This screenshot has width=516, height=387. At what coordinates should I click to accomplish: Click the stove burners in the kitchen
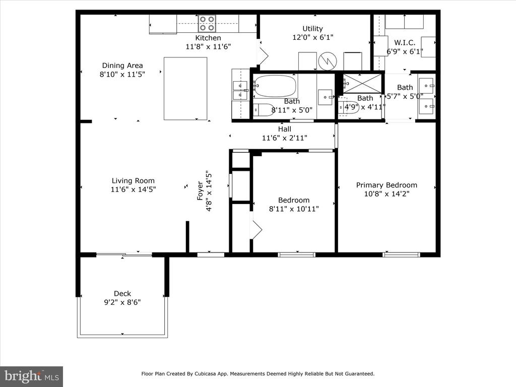pyautogui.click(x=207, y=24)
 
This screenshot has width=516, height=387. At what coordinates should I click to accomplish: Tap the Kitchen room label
pyautogui.click(x=208, y=38)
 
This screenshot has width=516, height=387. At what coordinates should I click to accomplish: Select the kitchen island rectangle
pyautogui.click(x=185, y=89)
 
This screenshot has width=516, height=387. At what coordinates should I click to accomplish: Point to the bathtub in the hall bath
pyautogui.click(x=275, y=86)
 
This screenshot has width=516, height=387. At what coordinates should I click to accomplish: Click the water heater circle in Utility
pyautogui.click(x=328, y=61)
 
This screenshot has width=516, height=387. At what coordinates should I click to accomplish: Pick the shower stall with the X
pyautogui.click(x=362, y=83)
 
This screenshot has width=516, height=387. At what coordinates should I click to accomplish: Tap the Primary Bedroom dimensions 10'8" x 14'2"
pyautogui.click(x=386, y=194)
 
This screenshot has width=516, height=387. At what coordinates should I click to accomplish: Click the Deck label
pyautogui.click(x=122, y=294)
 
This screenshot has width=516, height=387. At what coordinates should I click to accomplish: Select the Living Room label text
pyautogui.click(x=133, y=181)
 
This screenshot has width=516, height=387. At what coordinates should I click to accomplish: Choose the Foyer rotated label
pyautogui.click(x=200, y=191)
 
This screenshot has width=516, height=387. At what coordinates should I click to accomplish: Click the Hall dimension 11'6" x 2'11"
pyautogui.click(x=284, y=138)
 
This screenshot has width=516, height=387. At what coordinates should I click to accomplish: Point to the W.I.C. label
pyautogui.click(x=405, y=43)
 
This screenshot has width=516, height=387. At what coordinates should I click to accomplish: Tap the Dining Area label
pyautogui.click(x=122, y=66)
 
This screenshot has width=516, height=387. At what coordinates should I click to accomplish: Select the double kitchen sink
pyautogui.click(x=240, y=90)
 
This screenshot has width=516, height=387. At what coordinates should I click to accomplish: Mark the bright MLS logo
pyautogui.click(x=32, y=376)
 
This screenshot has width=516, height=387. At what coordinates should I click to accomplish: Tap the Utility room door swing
pyautogui.click(x=263, y=56)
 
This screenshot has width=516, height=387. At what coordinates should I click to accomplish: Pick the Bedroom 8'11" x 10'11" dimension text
pyautogui.click(x=294, y=209)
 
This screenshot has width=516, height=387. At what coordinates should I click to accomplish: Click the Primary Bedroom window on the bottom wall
pyautogui.click(x=402, y=254)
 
